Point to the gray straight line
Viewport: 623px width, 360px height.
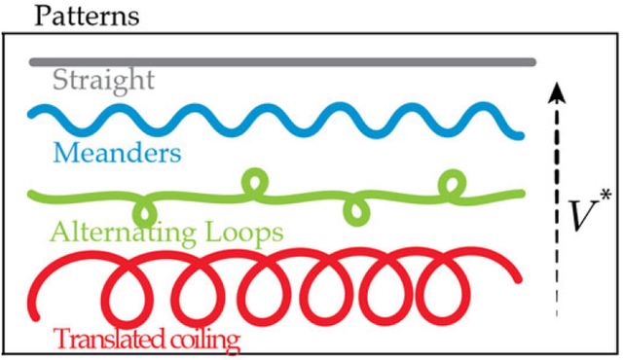282,61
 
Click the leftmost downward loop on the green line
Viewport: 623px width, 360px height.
145,209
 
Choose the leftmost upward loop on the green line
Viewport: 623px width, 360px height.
255,181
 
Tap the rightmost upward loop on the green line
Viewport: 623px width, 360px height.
451,181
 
